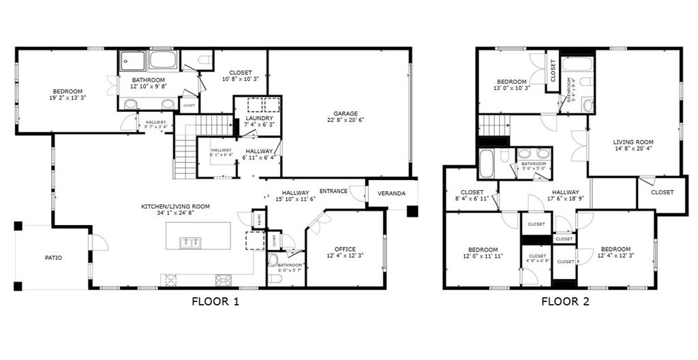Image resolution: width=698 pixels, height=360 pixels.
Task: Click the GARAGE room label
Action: pyautogui.click(x=346, y=114)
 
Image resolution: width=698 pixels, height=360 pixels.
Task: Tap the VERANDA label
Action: pyautogui.click(x=392, y=194)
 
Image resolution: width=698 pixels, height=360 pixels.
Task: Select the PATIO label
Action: pyautogui.click(x=53, y=258)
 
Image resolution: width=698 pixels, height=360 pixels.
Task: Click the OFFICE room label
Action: pyautogui.click(x=345, y=249)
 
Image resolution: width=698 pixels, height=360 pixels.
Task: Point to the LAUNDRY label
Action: pyautogui.click(x=259, y=118)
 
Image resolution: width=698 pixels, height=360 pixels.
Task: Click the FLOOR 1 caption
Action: pyautogui.click(x=215, y=301)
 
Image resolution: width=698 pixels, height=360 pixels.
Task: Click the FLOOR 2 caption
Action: pyautogui.click(x=566, y=301)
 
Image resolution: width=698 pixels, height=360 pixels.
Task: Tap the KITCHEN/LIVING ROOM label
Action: pyautogui.click(x=175, y=207)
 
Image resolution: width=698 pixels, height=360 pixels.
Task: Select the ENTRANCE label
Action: pyautogui.click(x=334, y=191)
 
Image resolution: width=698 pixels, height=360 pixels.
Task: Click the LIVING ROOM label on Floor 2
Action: pyautogui.click(x=633, y=142)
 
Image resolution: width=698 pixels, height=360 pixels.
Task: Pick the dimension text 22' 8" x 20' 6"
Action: pyautogui.click(x=346, y=120)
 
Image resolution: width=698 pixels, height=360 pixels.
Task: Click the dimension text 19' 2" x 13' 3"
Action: pyautogui.click(x=67, y=98)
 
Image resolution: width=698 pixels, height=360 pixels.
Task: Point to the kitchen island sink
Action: pyautogui.click(x=189, y=241)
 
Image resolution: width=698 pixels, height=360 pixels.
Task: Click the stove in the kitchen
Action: pyautogui.click(x=223, y=280)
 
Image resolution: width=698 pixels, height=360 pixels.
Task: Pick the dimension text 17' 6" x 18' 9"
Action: pyautogui.click(x=566, y=199)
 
